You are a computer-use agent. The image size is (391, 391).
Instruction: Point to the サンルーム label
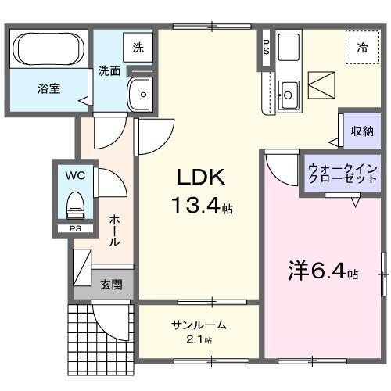(199, 325)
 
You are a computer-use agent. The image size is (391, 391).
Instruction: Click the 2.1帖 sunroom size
(199, 339)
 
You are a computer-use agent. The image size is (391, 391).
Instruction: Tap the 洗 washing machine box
(138, 48)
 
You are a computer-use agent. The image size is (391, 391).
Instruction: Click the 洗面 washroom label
(109, 71)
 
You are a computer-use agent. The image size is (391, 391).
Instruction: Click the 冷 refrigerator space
(362, 48)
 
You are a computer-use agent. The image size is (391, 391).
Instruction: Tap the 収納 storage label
(361, 130)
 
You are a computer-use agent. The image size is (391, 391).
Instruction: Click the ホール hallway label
(114, 231)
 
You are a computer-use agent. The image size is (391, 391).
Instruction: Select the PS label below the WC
(74, 229)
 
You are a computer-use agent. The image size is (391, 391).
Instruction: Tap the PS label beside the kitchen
(266, 48)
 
